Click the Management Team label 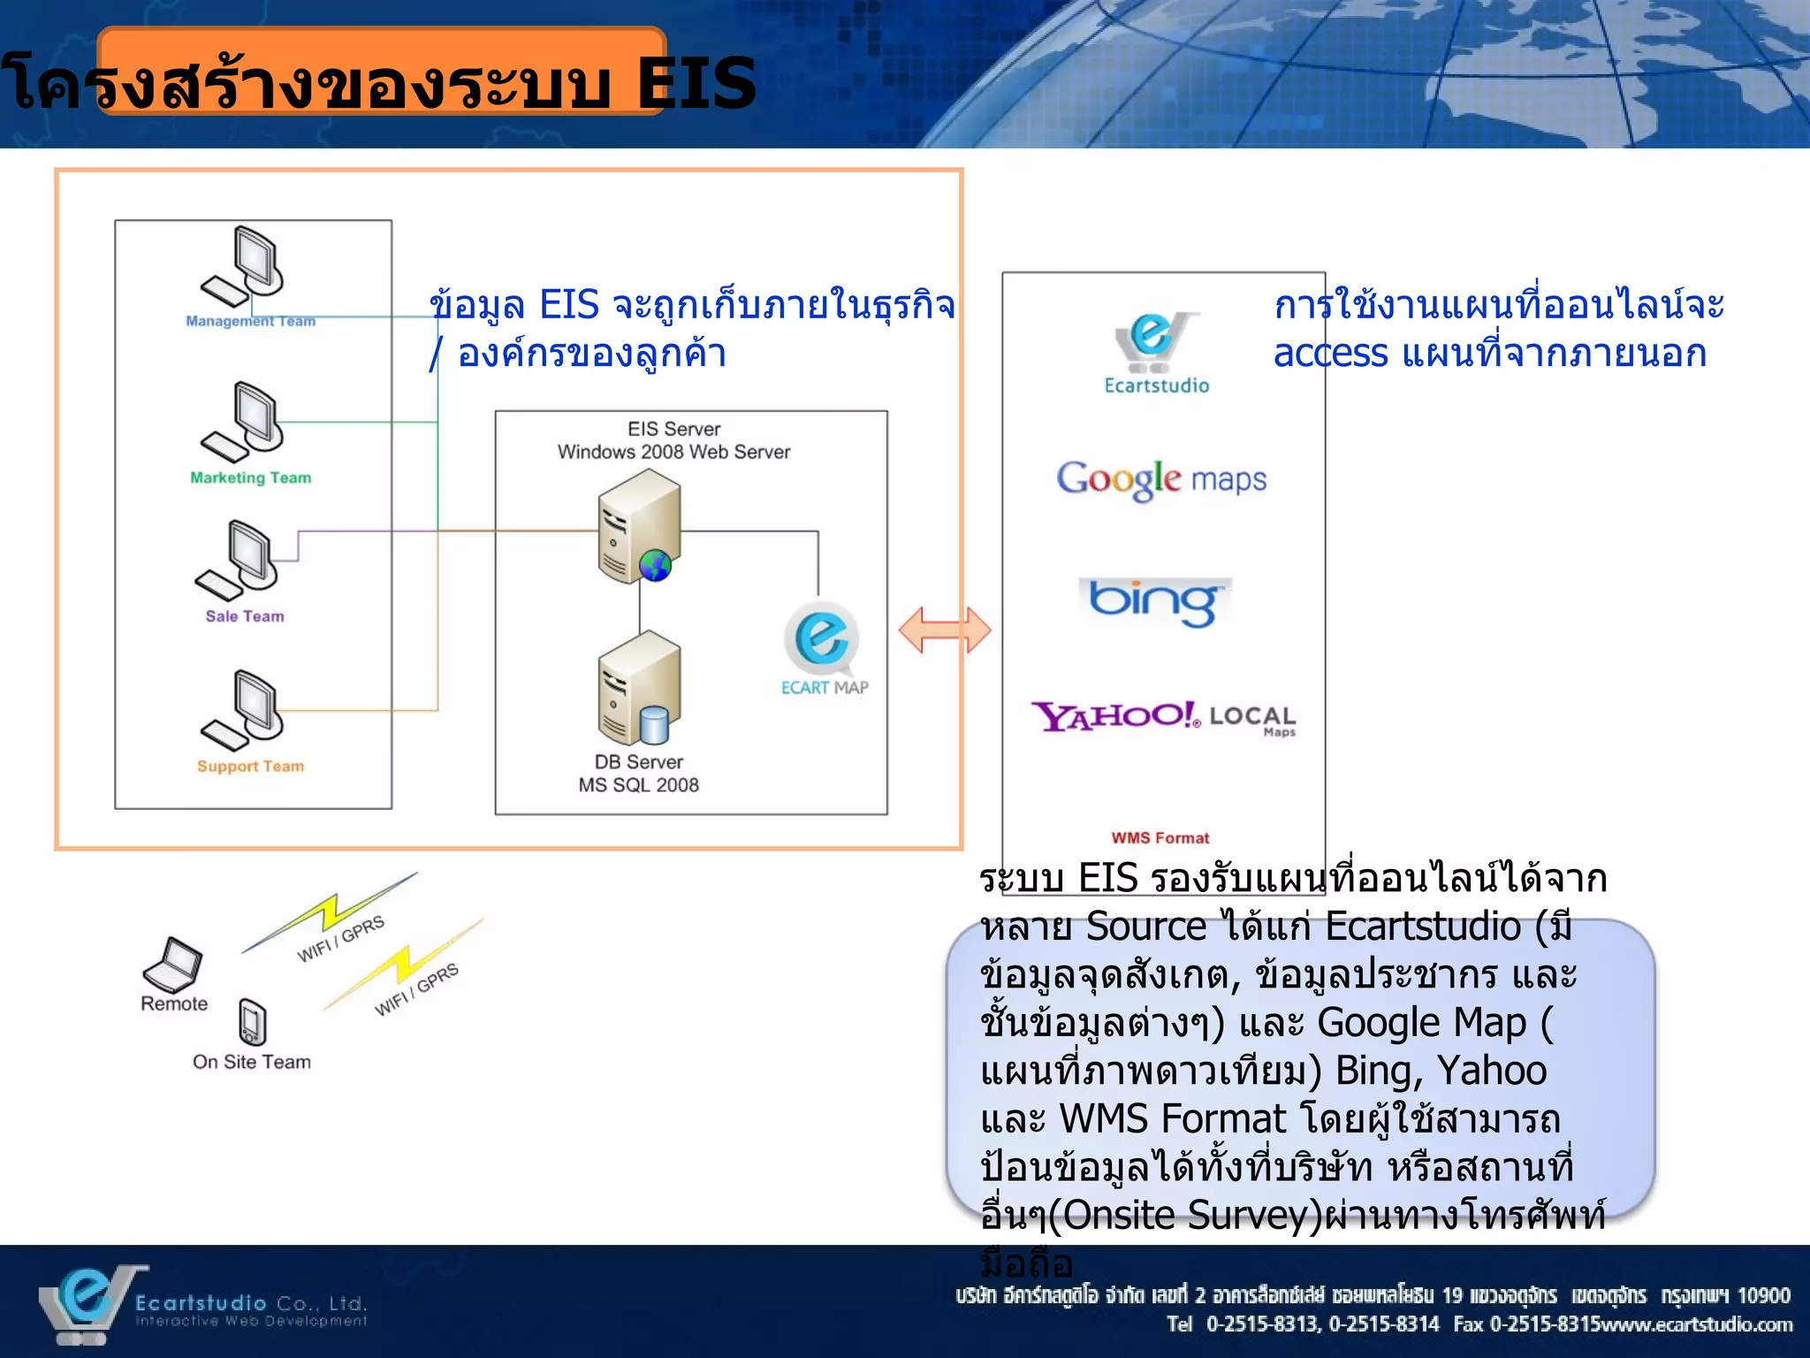[x=250, y=321]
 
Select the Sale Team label [x=245, y=616]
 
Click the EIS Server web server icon [x=639, y=526]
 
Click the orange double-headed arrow [x=945, y=629]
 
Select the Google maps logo [x=1161, y=480]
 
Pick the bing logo [x=1154, y=602]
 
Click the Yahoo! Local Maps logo [x=1163, y=717]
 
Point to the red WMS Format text [x=1160, y=837]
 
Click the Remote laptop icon [x=172, y=965]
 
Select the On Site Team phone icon [x=252, y=1022]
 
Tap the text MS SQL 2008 [x=638, y=785]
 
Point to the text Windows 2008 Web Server [x=673, y=452]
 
